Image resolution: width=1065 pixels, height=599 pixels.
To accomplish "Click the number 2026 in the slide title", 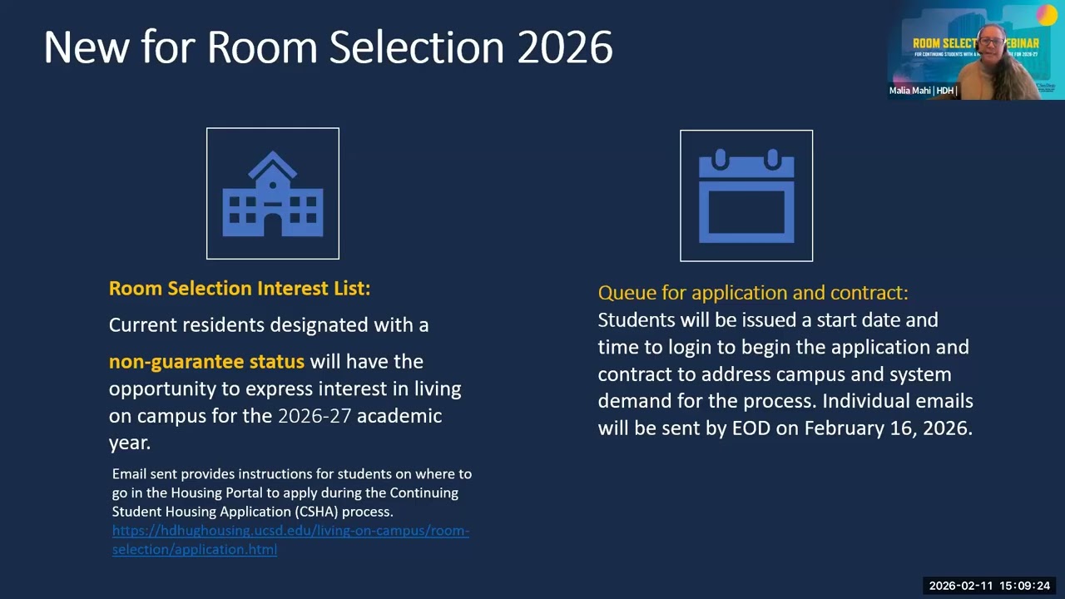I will (x=565, y=47).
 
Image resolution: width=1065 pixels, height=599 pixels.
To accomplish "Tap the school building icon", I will (x=273, y=194).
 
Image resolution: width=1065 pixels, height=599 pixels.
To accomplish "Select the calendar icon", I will (x=746, y=196).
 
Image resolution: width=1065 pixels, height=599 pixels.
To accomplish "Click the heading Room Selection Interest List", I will (x=240, y=289).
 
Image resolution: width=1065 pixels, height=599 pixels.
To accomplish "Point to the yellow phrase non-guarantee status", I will (x=206, y=362).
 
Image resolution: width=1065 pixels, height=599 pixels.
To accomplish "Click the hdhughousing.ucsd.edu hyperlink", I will (x=290, y=531).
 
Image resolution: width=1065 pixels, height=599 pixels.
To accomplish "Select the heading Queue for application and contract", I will (x=753, y=293).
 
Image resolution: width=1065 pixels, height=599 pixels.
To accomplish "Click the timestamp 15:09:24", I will (x=1025, y=586).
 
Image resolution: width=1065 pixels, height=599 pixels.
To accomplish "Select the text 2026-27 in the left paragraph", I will (x=315, y=416).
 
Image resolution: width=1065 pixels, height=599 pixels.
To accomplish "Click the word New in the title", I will (x=87, y=47).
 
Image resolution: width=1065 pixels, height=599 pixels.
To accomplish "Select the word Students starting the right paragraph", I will (x=637, y=320).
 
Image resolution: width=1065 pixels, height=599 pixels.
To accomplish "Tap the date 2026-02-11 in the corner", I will (x=960, y=586).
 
